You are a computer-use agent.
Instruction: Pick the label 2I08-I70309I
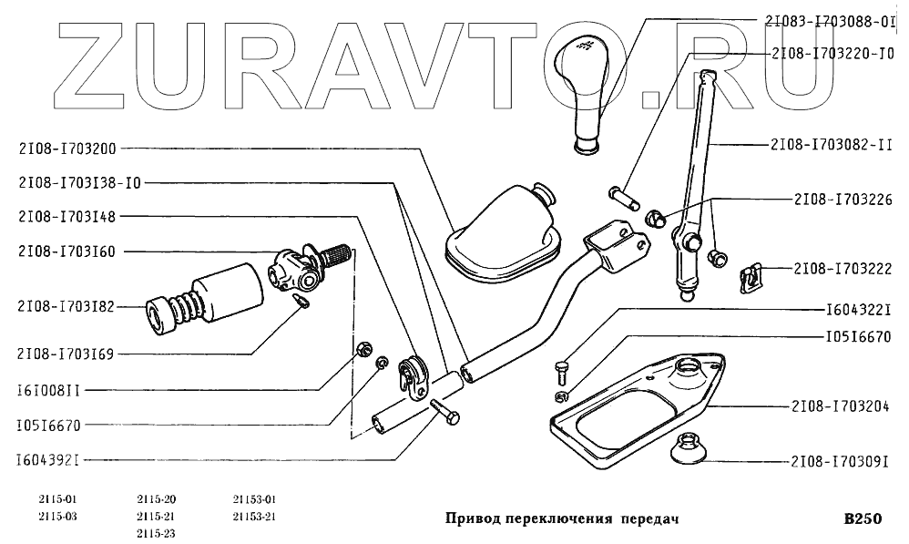(x=839, y=461)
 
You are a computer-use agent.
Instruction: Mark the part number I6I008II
(x=51, y=391)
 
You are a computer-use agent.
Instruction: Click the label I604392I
(x=51, y=460)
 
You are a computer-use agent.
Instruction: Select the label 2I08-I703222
(x=839, y=269)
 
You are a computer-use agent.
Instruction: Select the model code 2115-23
(x=157, y=532)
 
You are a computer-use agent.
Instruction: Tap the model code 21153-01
(x=255, y=499)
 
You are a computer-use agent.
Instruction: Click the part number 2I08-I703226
(x=839, y=197)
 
